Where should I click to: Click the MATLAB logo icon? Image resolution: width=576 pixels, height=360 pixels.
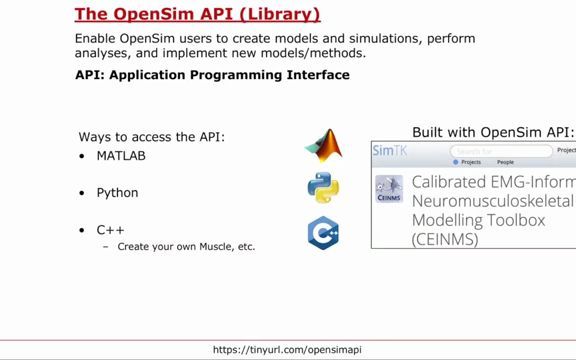point(323,146)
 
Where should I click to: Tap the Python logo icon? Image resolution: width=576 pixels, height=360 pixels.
point(323,188)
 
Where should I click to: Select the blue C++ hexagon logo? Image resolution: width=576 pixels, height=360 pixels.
point(323,232)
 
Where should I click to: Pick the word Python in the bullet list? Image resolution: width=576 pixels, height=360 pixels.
point(117,193)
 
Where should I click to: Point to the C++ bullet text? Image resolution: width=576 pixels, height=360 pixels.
point(110,230)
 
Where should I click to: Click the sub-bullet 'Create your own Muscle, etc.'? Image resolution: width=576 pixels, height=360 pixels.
point(186,246)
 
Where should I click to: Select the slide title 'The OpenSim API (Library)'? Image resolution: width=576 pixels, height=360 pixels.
point(198,15)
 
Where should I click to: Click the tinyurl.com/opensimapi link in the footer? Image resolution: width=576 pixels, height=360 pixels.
point(288,350)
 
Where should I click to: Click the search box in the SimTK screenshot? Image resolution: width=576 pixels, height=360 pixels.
point(501,151)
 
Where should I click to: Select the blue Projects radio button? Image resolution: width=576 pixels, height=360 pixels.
point(457,162)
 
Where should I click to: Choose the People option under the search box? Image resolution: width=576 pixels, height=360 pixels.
point(505,162)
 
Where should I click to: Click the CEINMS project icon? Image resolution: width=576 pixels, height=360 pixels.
point(389,189)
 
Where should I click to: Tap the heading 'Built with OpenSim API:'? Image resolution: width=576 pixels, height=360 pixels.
point(493,132)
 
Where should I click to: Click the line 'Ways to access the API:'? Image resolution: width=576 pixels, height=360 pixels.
point(151,137)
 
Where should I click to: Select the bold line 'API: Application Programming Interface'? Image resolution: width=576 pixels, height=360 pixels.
point(212,75)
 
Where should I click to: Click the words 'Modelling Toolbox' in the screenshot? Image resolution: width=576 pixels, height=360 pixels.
point(478,220)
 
